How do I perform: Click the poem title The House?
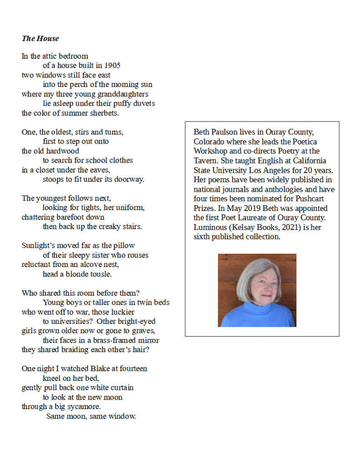(x=40, y=38)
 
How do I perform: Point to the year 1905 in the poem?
(x=112, y=66)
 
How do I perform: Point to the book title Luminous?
(x=209, y=227)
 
